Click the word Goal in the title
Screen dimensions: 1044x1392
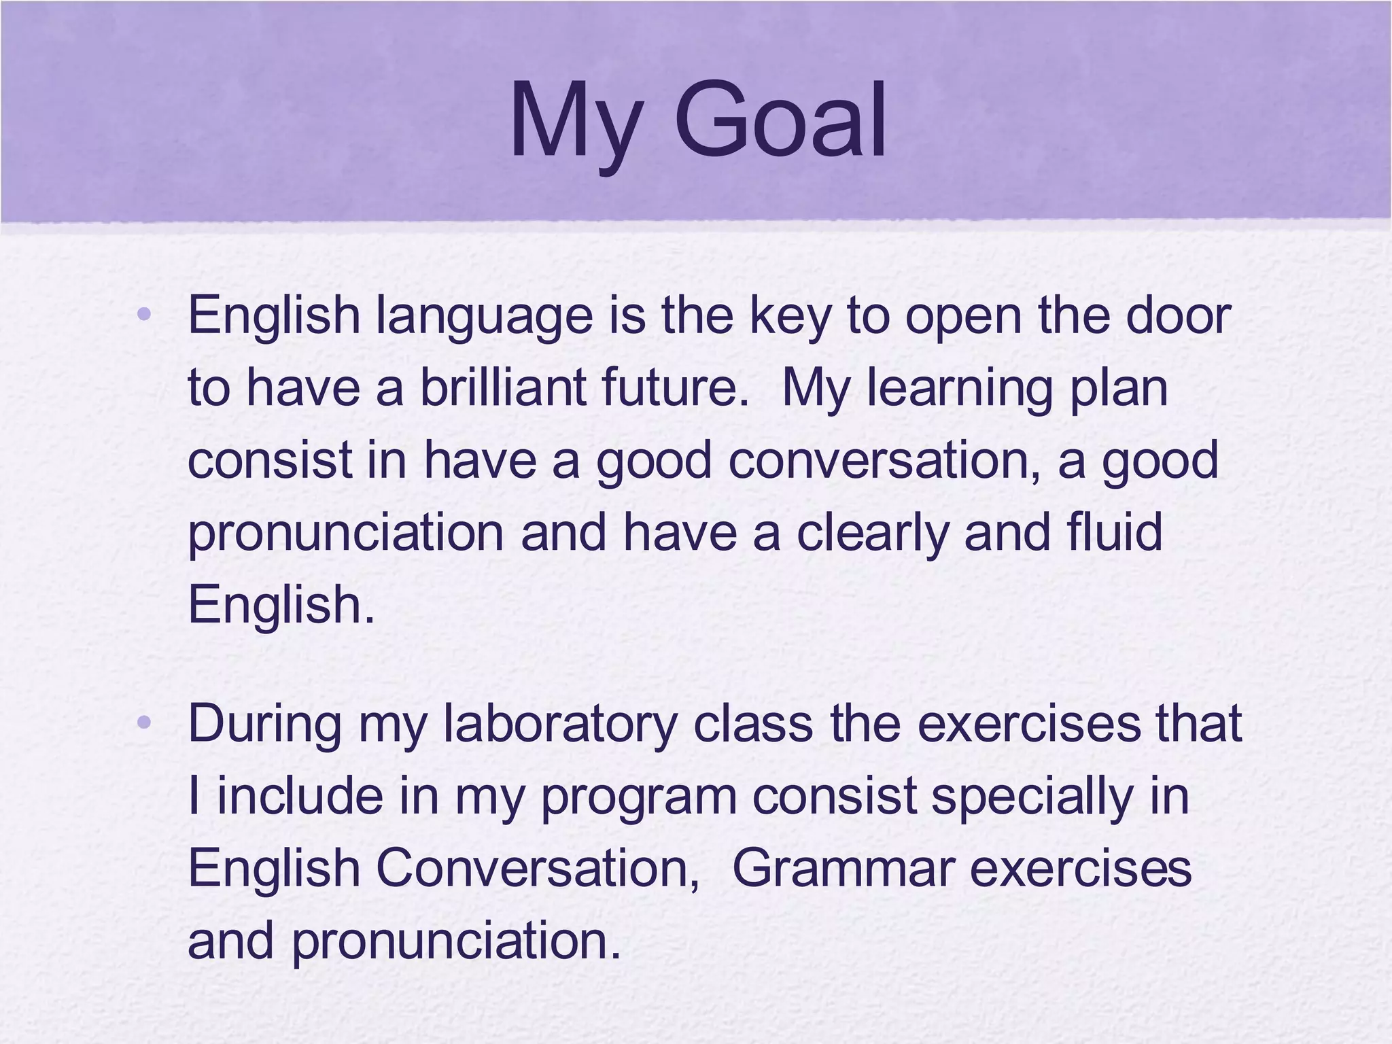(780, 121)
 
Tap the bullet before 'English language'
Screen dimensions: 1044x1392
(143, 315)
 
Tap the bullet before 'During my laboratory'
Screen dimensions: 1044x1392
(143, 723)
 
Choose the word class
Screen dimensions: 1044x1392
(752, 723)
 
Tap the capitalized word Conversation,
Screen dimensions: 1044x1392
(537, 869)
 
